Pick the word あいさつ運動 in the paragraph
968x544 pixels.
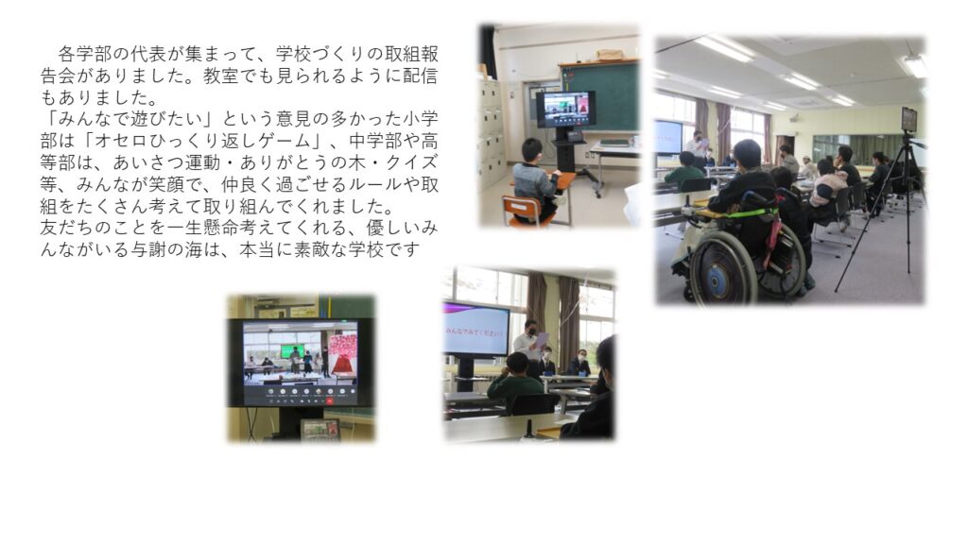[166, 162]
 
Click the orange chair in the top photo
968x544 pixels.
[522, 210]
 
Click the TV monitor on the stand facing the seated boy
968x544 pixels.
[565, 110]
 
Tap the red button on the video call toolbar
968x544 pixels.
[330, 400]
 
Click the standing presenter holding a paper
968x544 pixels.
[528, 347]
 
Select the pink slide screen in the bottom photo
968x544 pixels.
[476, 330]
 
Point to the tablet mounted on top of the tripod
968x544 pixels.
[908, 119]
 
